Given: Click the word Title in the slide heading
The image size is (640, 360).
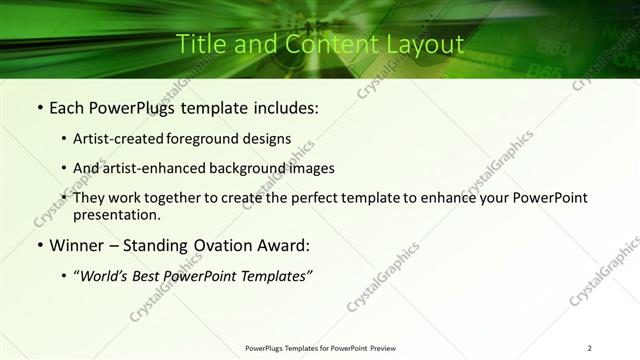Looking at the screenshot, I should pos(200,44).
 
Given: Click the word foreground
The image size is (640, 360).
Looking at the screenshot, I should pos(213,138).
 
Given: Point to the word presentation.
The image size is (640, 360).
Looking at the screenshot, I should pos(117,214).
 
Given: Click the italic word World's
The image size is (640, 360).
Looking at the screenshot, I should pos(107,276).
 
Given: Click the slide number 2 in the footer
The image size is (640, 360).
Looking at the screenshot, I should pos(590,348).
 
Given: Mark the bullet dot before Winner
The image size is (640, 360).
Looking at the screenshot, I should pos(39,246).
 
